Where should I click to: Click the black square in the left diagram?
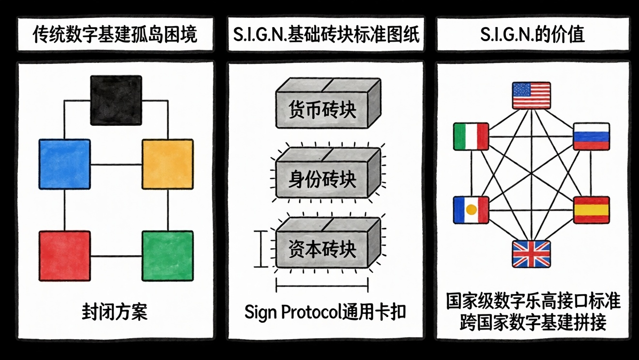(116, 100)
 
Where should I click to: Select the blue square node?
(64, 164)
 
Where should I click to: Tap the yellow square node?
(167, 164)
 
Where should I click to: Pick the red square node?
(64, 256)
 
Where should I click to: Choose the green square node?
(167, 256)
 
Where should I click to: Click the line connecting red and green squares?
(116, 256)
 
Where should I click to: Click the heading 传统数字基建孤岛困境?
(115, 35)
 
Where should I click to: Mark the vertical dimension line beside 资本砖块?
(261, 249)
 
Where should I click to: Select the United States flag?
(532, 95)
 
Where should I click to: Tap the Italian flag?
(471, 136)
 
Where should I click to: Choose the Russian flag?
(591, 136)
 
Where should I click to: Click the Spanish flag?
(591, 210)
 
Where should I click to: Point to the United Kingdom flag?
(532, 254)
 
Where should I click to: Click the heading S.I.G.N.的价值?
(532, 35)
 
